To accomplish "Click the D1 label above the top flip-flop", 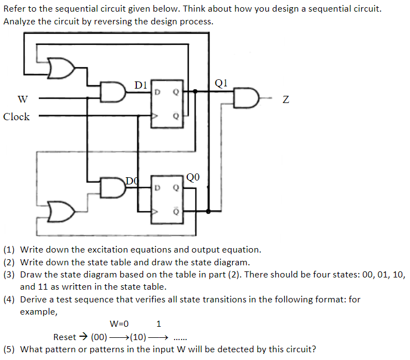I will tap(141, 85).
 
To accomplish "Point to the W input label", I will tap(23, 100).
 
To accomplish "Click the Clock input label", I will tap(17, 117).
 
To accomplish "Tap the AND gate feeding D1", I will tap(114, 92).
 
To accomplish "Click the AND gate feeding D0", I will tap(114, 188).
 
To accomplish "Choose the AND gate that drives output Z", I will tap(245, 99).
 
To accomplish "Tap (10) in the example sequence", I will tap(138, 337).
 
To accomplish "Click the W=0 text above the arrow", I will tap(119, 323).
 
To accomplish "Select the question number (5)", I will tap(9, 349).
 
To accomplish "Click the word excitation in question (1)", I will tap(102, 250).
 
